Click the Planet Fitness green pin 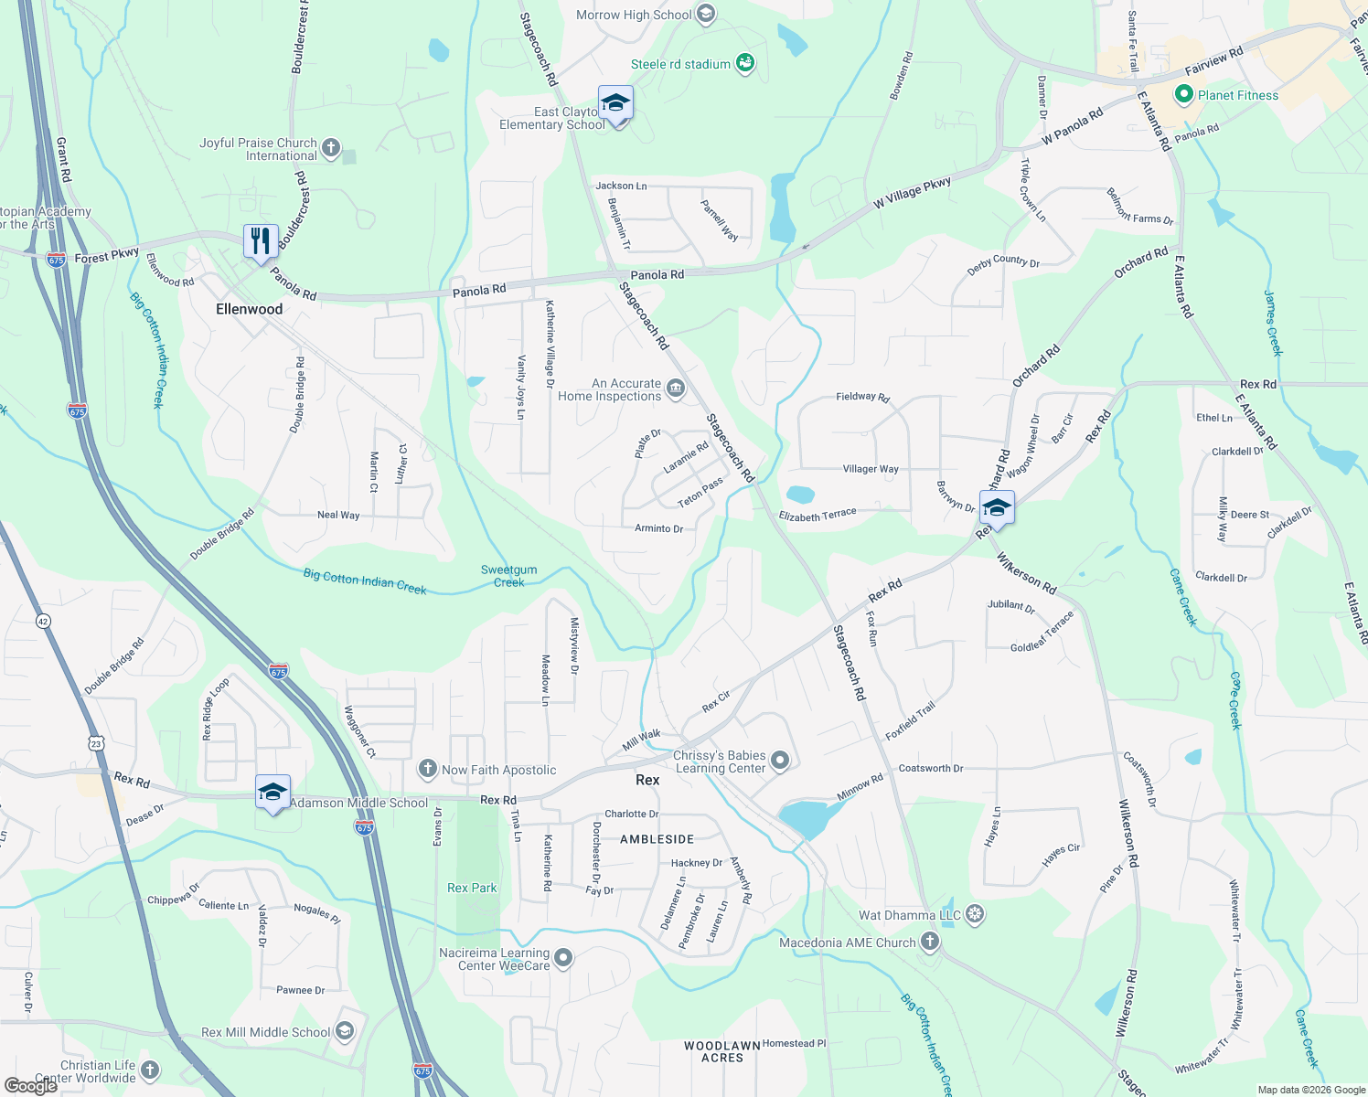point(1183,94)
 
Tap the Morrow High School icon point(705,14)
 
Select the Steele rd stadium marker point(745,63)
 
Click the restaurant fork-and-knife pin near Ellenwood point(261,241)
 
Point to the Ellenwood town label point(249,309)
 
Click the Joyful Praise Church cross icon point(331,148)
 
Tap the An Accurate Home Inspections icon point(676,389)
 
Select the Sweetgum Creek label point(509,576)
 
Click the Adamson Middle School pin point(273,792)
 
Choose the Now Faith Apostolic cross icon point(427,769)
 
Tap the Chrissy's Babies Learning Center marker point(780,761)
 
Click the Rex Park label point(472,888)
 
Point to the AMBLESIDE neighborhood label point(657,838)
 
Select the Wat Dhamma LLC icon point(975,914)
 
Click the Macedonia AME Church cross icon point(929,942)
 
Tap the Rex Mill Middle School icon point(345,1032)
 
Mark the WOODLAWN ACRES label point(722,1051)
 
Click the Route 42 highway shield point(43,622)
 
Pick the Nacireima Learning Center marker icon point(564,958)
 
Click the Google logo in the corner point(31,1086)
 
